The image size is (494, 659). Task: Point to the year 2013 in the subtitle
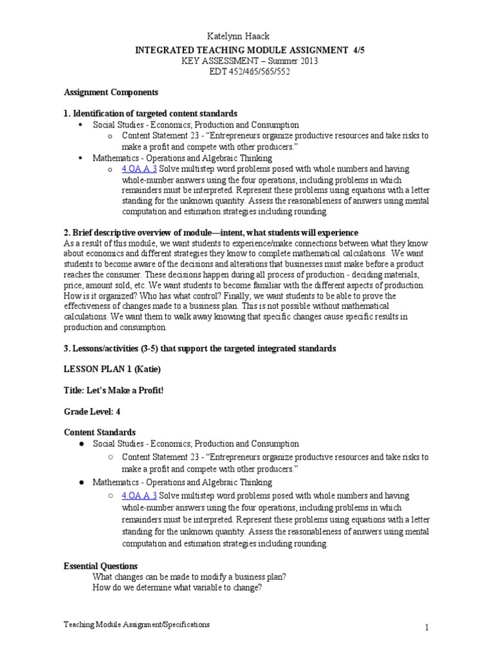(307, 60)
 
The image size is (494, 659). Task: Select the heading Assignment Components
(111, 92)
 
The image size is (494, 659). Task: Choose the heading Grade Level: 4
(93, 411)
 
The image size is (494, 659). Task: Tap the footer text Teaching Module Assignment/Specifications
(136, 625)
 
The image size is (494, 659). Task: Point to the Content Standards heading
(100, 432)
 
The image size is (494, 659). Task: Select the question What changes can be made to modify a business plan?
(189, 577)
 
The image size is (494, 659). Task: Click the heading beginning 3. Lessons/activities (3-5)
(199, 348)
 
